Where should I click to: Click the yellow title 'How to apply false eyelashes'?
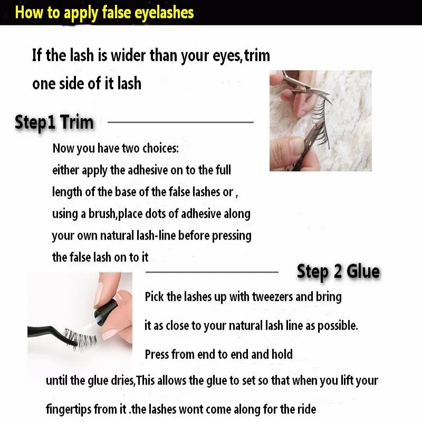pos(104,12)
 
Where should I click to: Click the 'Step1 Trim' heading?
pos(54,122)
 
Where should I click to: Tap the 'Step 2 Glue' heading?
pos(338,272)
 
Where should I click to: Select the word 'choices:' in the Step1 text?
pos(160,148)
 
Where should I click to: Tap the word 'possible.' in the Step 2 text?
pos(338,325)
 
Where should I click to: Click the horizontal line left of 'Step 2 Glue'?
pos(212,272)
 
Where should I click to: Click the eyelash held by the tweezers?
pos(79,338)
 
